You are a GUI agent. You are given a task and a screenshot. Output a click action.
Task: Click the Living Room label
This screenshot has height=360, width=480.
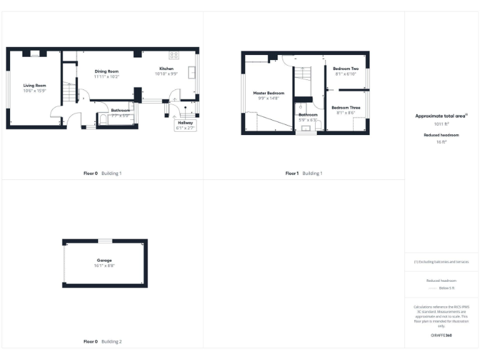click(35, 85)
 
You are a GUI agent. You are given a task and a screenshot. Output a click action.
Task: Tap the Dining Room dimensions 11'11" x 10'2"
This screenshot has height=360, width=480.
click(106, 77)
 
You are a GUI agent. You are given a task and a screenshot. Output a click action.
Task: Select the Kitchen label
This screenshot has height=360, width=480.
click(166, 68)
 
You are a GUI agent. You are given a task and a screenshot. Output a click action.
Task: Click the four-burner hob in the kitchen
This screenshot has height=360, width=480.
click(173, 55)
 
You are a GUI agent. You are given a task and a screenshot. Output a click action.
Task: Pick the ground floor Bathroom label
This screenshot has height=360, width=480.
click(120, 110)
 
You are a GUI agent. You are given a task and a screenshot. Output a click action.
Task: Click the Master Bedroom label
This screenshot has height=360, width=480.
click(269, 93)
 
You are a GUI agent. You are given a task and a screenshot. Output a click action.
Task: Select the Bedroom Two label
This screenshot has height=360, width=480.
click(346, 69)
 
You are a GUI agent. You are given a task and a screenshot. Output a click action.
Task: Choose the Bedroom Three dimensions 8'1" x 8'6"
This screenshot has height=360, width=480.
click(346, 112)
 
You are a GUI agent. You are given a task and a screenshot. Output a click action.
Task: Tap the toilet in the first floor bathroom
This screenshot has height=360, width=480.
click(317, 126)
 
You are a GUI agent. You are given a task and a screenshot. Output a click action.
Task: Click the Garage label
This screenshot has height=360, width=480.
click(104, 260)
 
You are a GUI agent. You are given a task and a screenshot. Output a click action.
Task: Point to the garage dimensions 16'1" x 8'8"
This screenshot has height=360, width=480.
click(104, 266)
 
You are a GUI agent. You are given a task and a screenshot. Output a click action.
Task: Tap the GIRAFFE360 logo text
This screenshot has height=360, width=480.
click(441, 336)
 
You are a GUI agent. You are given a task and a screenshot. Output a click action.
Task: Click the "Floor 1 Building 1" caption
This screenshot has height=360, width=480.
click(304, 173)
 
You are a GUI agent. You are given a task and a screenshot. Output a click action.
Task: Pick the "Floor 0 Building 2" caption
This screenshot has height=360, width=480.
click(102, 342)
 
